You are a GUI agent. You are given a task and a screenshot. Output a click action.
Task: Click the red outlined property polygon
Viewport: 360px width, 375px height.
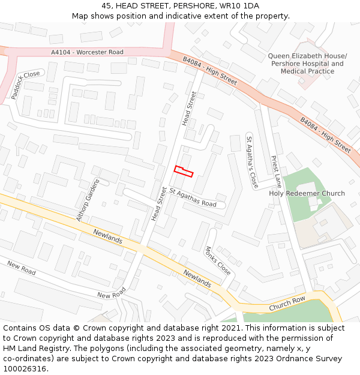[184, 171]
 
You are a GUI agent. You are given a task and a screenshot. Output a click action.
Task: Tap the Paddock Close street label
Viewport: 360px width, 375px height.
[25, 85]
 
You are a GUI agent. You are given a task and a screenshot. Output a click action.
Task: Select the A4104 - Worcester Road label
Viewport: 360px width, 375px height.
[87, 52]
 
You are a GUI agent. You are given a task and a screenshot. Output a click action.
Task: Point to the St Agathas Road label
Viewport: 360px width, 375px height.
[193, 197]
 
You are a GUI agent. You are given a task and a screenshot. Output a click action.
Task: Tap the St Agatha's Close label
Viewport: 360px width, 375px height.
[252, 162]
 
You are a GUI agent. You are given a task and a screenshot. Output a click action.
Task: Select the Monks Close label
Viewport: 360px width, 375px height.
[218, 260]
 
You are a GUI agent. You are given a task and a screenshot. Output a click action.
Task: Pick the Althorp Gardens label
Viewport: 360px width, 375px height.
[87, 200]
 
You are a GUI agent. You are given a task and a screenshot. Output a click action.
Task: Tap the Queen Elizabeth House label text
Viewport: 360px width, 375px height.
[307, 56]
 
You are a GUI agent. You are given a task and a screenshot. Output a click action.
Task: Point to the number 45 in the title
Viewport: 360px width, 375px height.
[106, 5]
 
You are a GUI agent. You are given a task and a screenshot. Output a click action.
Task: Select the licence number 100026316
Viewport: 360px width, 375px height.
[25, 369]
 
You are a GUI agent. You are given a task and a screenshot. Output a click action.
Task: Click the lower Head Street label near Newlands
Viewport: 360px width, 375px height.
[159, 204]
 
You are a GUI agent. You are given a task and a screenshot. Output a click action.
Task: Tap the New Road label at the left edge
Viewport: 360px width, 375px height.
[21, 268]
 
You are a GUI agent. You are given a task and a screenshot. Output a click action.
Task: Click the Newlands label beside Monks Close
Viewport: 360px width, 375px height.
[197, 278]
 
